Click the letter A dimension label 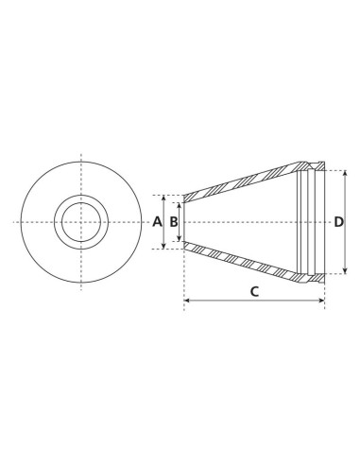tap(158, 222)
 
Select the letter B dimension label tap(174, 222)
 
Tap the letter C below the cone tap(254, 291)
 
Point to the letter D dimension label tap(338, 222)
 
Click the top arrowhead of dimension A tap(164, 198)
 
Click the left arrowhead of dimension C tap(186, 301)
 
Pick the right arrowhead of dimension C tap(323, 301)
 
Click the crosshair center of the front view tap(79, 222)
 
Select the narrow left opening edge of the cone tap(183, 222)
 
